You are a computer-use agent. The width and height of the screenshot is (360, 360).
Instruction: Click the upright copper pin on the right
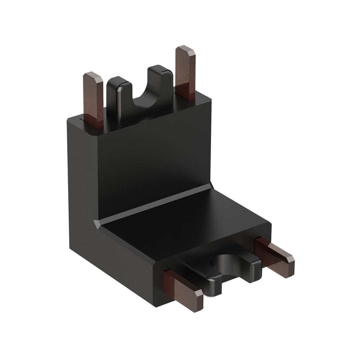tap(185, 72)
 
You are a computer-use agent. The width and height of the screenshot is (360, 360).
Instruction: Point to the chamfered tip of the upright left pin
tap(93, 76)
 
